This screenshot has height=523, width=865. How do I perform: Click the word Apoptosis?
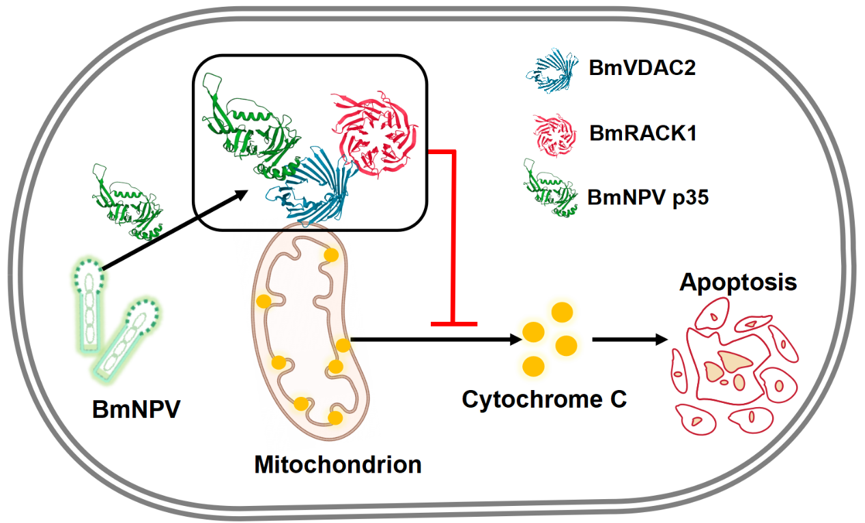pos(738,282)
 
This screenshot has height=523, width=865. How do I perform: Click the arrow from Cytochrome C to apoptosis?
pos(629,339)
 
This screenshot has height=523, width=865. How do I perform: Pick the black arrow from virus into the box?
pos(174,232)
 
